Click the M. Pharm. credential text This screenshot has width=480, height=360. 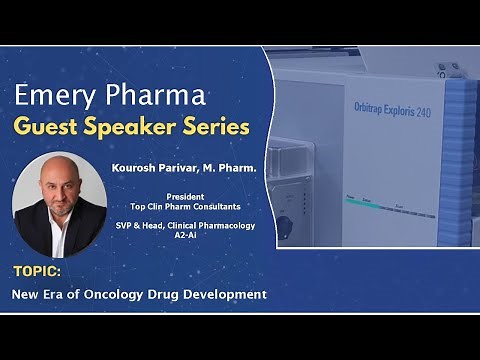[229, 169]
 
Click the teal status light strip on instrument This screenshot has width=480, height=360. [366, 204]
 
